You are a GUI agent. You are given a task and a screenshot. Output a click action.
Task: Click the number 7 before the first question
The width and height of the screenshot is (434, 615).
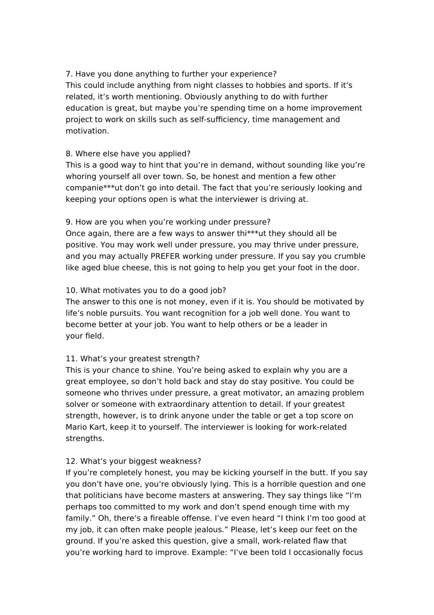69,74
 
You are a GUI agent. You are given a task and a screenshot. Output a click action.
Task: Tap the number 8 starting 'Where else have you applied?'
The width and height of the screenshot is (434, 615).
69,154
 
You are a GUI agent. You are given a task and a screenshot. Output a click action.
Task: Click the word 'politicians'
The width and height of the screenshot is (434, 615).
104,496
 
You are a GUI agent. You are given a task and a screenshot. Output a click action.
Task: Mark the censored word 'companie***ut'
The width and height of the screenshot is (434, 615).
94,188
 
